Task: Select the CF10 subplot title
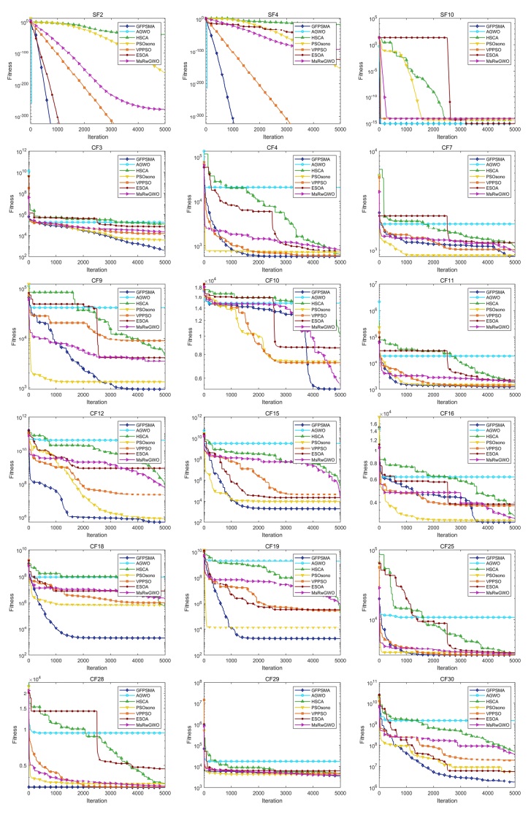pyautogui.click(x=272, y=273)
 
